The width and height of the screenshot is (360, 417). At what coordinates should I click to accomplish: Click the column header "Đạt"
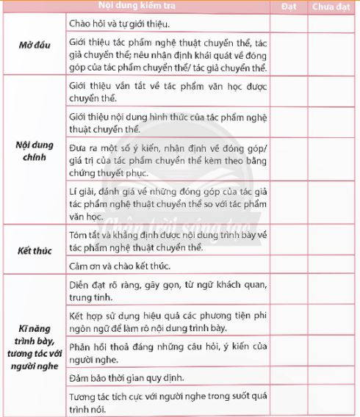click(x=289, y=7)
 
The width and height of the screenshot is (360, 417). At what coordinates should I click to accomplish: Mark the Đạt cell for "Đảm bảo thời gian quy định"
click(x=289, y=379)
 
